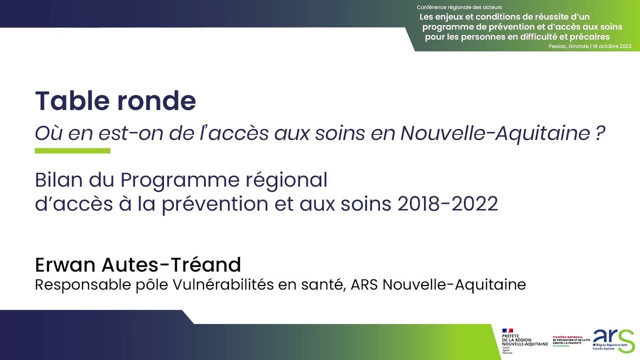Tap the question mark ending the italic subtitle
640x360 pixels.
click(x=600, y=133)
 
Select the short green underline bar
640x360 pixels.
click(x=72, y=150)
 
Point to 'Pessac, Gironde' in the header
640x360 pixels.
click(x=568, y=46)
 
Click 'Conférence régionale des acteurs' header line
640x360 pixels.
click(x=459, y=7)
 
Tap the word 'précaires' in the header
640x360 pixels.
click(x=588, y=36)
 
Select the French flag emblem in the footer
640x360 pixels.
click(x=508, y=330)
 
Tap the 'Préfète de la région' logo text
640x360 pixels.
click(x=520, y=340)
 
